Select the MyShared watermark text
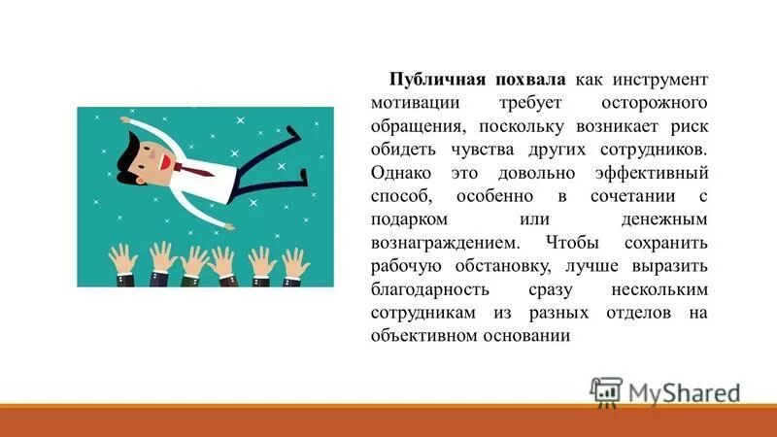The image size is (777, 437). click(x=684, y=391)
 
